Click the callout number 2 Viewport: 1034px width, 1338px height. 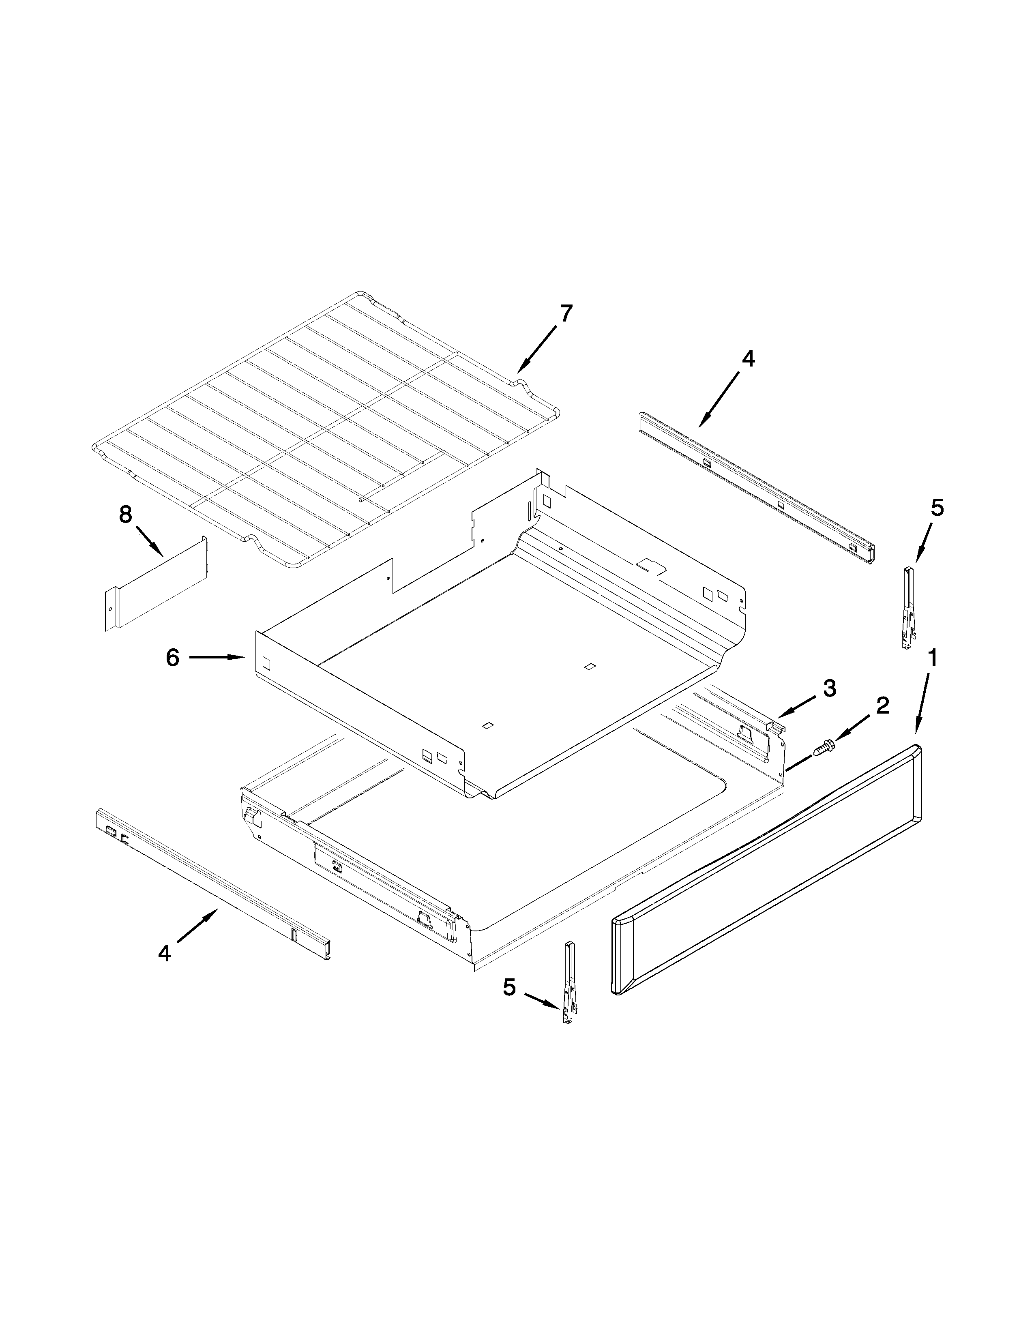[882, 706]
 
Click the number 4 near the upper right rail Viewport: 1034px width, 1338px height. [748, 359]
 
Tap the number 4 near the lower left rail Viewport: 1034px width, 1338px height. [164, 953]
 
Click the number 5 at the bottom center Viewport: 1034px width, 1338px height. [510, 987]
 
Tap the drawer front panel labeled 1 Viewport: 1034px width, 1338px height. [766, 870]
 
